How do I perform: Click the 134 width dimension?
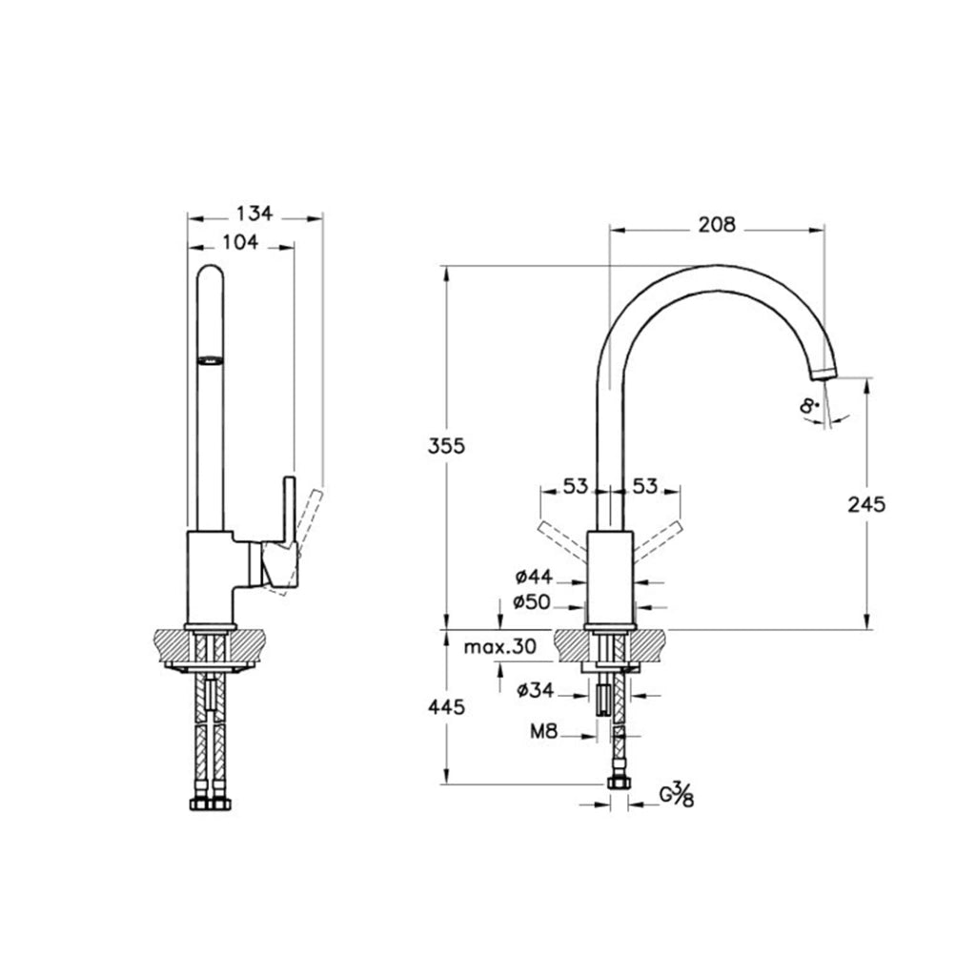(x=254, y=213)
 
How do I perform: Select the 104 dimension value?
(x=240, y=241)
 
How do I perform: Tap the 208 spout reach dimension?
(x=717, y=224)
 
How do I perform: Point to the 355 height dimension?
(x=446, y=446)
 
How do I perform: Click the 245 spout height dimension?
(x=866, y=504)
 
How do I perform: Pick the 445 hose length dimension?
(x=446, y=707)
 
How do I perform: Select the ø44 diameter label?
(x=534, y=577)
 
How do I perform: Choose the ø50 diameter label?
(x=532, y=602)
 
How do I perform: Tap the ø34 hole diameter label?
(x=536, y=690)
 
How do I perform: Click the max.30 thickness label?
(x=499, y=647)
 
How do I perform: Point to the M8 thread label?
(x=543, y=731)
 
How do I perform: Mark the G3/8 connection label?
(x=677, y=795)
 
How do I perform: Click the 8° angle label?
(x=808, y=406)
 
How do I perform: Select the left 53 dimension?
(x=575, y=486)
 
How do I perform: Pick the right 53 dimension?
(x=645, y=486)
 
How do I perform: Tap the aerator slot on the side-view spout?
(x=210, y=359)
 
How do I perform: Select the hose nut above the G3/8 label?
(x=619, y=783)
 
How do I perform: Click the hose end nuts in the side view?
(x=211, y=804)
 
